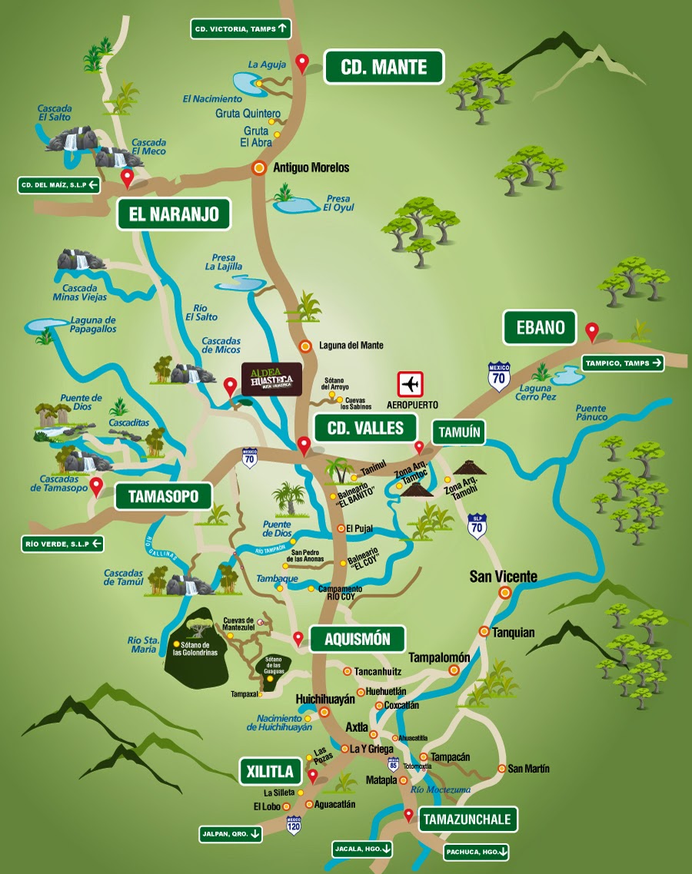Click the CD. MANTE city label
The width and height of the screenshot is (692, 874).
click(x=384, y=67)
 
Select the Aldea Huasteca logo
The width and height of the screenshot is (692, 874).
click(x=271, y=377)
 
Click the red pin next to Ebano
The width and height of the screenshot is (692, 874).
click(x=591, y=332)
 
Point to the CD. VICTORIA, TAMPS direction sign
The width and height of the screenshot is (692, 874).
click(x=241, y=29)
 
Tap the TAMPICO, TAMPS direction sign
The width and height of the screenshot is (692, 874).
click(x=622, y=363)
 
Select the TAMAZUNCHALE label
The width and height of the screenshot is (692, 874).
click(x=467, y=819)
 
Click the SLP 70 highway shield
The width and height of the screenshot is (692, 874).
click(x=477, y=526)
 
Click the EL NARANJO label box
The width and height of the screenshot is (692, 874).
click(x=174, y=214)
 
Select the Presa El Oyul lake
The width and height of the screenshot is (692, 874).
click(x=295, y=205)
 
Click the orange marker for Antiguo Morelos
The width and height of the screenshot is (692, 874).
click(x=261, y=167)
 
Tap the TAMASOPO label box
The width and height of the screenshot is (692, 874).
click(x=162, y=496)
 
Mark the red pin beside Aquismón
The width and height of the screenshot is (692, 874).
click(x=298, y=637)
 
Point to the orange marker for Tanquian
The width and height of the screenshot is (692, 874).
click(x=484, y=631)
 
